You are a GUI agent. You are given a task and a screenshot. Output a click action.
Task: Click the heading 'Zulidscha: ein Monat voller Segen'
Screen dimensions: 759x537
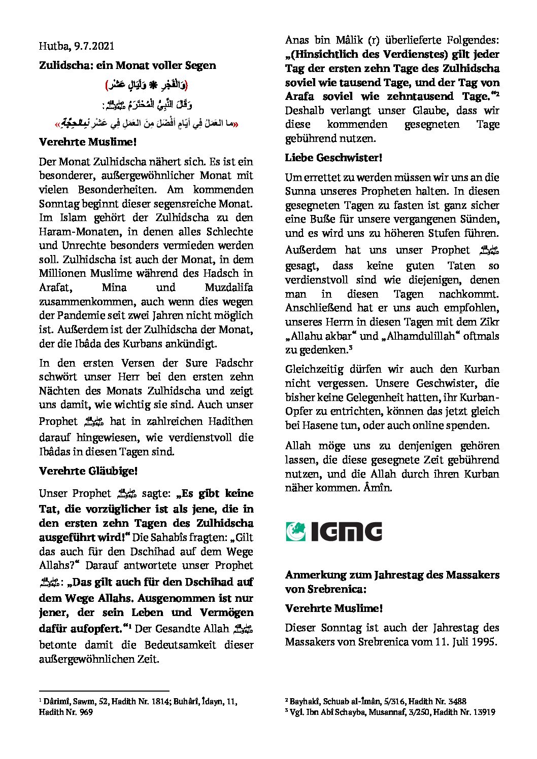[127, 65]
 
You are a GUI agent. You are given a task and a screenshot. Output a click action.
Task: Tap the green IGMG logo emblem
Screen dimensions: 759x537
[296, 531]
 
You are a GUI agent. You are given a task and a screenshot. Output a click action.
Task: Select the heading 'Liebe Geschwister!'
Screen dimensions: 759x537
[333, 158]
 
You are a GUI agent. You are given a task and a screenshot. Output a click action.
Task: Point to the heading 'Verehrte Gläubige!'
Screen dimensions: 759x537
[88, 471]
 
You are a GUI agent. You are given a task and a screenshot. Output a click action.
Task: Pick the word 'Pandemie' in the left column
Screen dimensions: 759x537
[75, 315]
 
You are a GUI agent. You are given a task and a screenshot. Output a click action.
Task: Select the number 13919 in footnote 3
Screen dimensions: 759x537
[482, 712]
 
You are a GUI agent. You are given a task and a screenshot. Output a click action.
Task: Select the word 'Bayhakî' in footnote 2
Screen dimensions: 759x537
[306, 702]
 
